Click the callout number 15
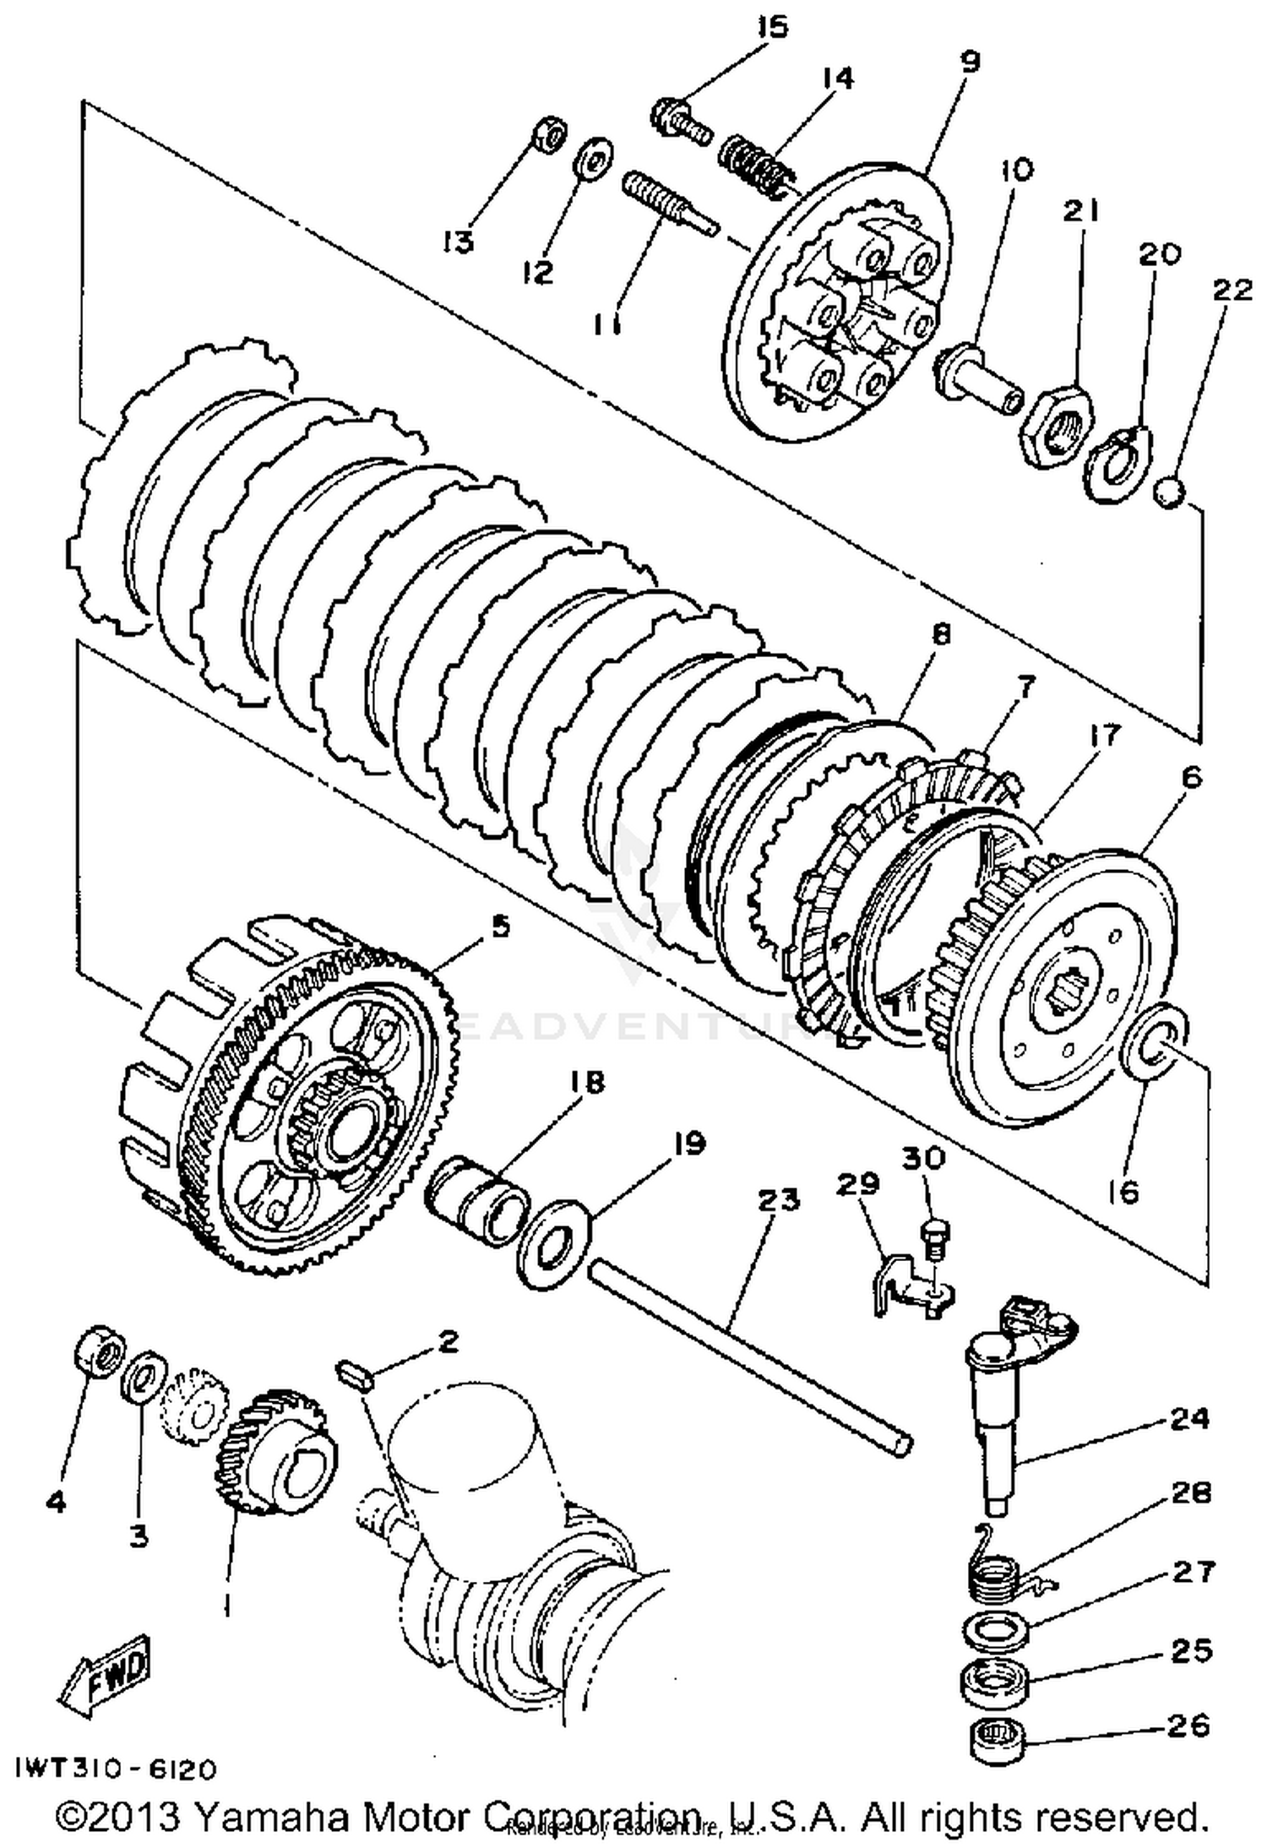770,27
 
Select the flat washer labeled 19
553,1242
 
